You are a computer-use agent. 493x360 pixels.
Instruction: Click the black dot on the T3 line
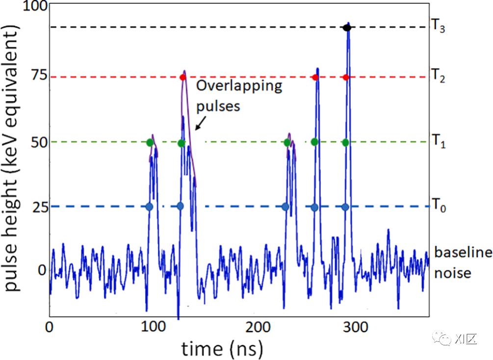coord(347,28)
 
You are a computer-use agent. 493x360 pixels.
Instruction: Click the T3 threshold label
coord(438,26)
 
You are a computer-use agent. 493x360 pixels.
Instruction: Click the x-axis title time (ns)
coord(222,349)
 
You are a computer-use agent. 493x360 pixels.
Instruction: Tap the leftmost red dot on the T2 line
coord(183,77)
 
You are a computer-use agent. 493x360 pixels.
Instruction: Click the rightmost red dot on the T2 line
coord(346,77)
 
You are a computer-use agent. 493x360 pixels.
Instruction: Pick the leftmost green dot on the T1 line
coord(150,143)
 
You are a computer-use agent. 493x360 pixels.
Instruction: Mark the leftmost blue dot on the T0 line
coord(149,206)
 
